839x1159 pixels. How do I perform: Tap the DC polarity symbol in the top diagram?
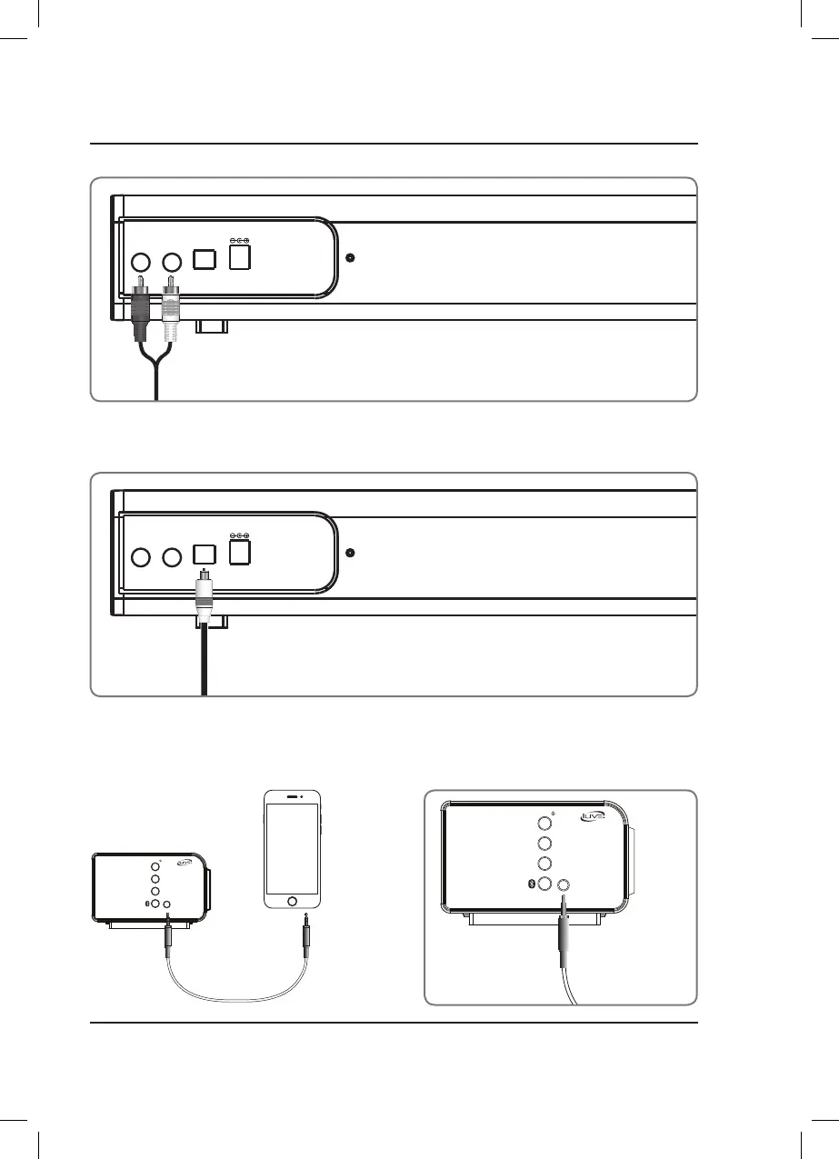240,241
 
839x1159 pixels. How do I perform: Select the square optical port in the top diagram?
205,260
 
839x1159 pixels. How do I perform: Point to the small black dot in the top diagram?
351,257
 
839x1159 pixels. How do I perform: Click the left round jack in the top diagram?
141,262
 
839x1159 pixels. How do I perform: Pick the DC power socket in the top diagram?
240,258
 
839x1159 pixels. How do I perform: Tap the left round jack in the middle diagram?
141,556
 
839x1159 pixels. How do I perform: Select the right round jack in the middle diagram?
171,556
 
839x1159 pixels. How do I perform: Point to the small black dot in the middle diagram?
351,553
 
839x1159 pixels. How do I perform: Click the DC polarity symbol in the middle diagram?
240,536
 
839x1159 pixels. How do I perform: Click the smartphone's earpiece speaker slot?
292,795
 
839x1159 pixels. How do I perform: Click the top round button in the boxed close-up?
544,824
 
